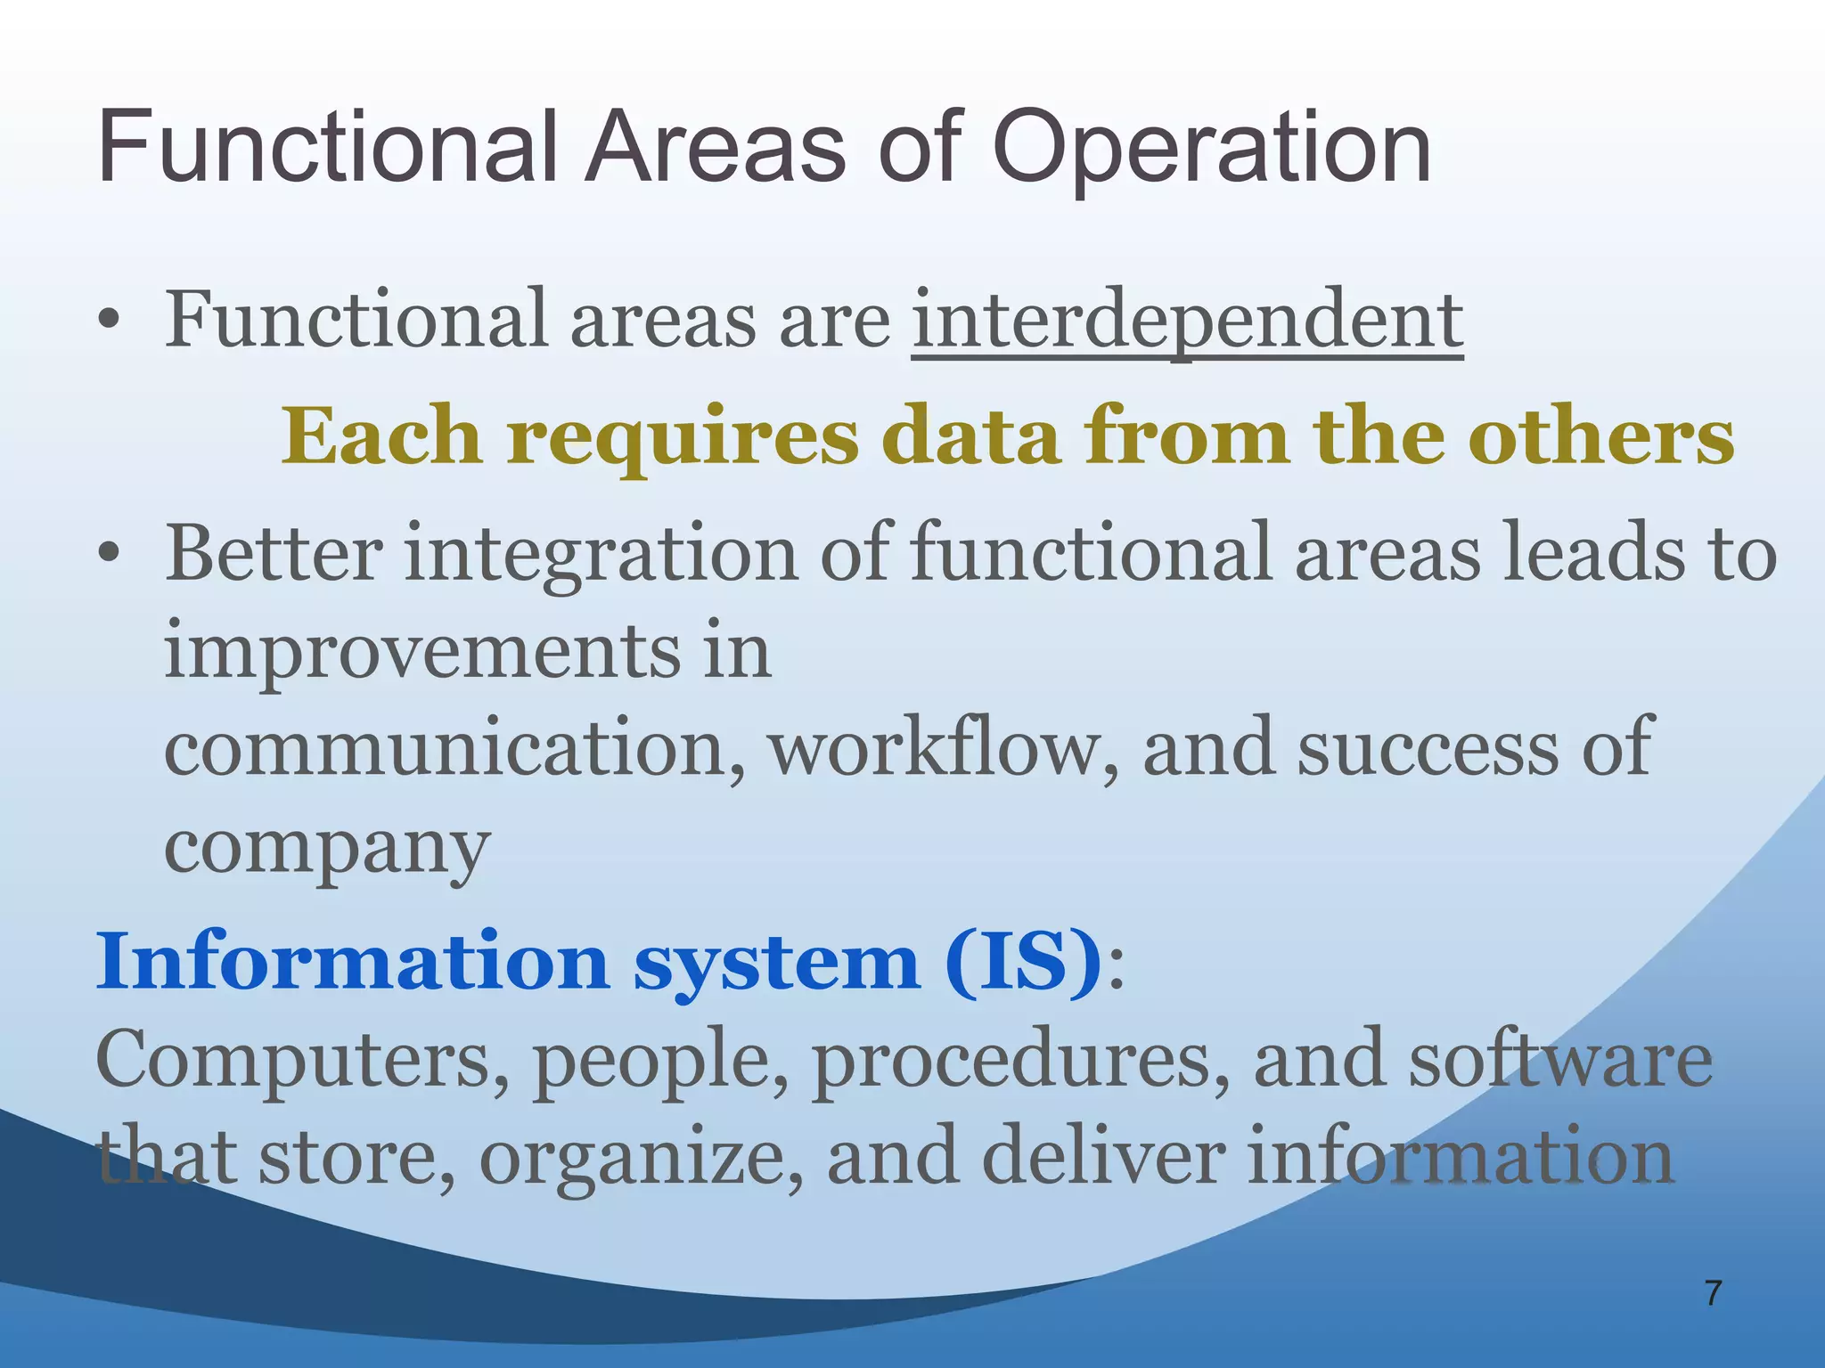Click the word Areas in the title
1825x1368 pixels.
(713, 147)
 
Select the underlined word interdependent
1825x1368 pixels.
(1187, 321)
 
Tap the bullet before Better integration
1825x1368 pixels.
(109, 555)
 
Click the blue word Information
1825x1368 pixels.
(352, 962)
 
